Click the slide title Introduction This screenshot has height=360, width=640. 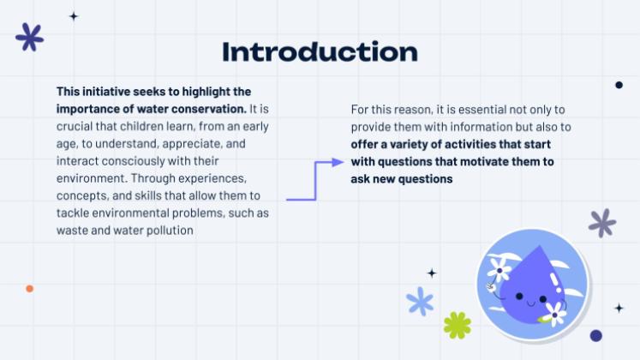(x=320, y=51)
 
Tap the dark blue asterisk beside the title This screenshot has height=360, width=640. (x=30, y=37)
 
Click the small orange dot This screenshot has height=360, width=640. (x=29, y=289)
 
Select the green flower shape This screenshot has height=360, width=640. (x=458, y=326)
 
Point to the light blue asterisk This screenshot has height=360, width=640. (x=420, y=301)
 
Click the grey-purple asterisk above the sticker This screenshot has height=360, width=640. (x=602, y=223)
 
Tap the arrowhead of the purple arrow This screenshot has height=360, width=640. (x=338, y=163)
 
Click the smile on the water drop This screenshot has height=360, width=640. (x=530, y=303)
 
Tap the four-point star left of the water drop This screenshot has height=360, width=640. (x=432, y=273)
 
